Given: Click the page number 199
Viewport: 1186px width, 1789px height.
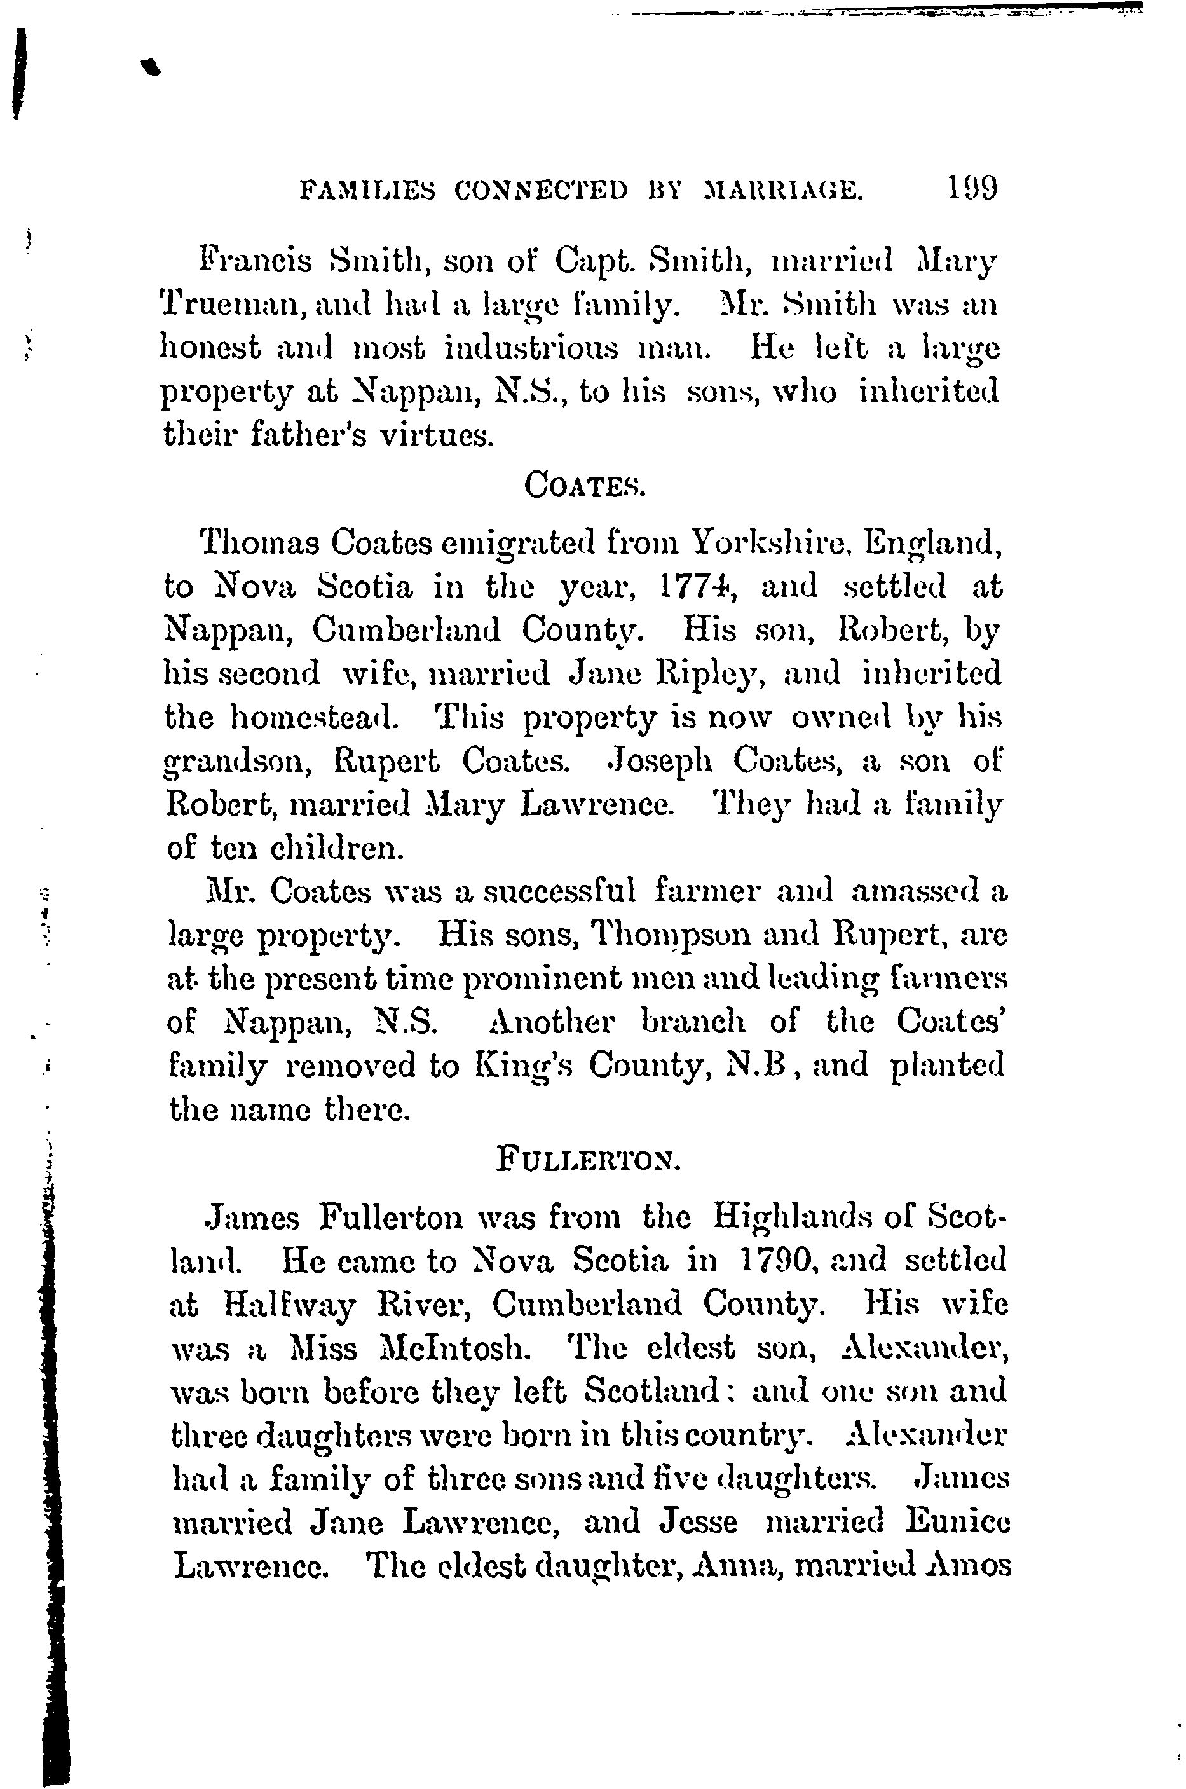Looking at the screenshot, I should (972, 187).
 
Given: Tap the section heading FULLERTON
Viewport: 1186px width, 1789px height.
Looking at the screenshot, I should (589, 1160).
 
